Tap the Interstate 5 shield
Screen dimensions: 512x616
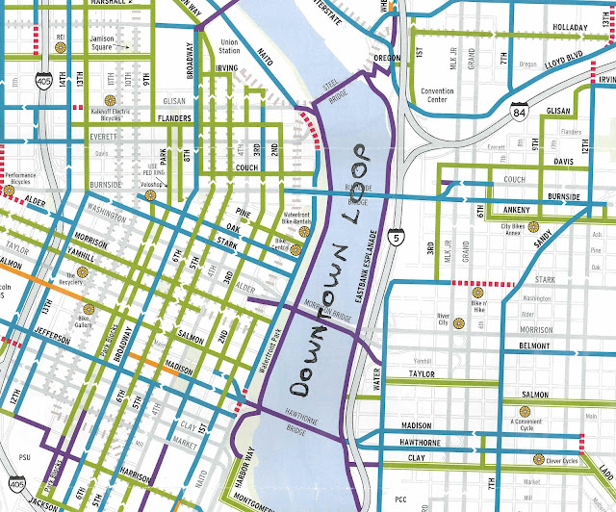(x=396, y=234)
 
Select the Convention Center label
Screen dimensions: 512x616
(x=444, y=99)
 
